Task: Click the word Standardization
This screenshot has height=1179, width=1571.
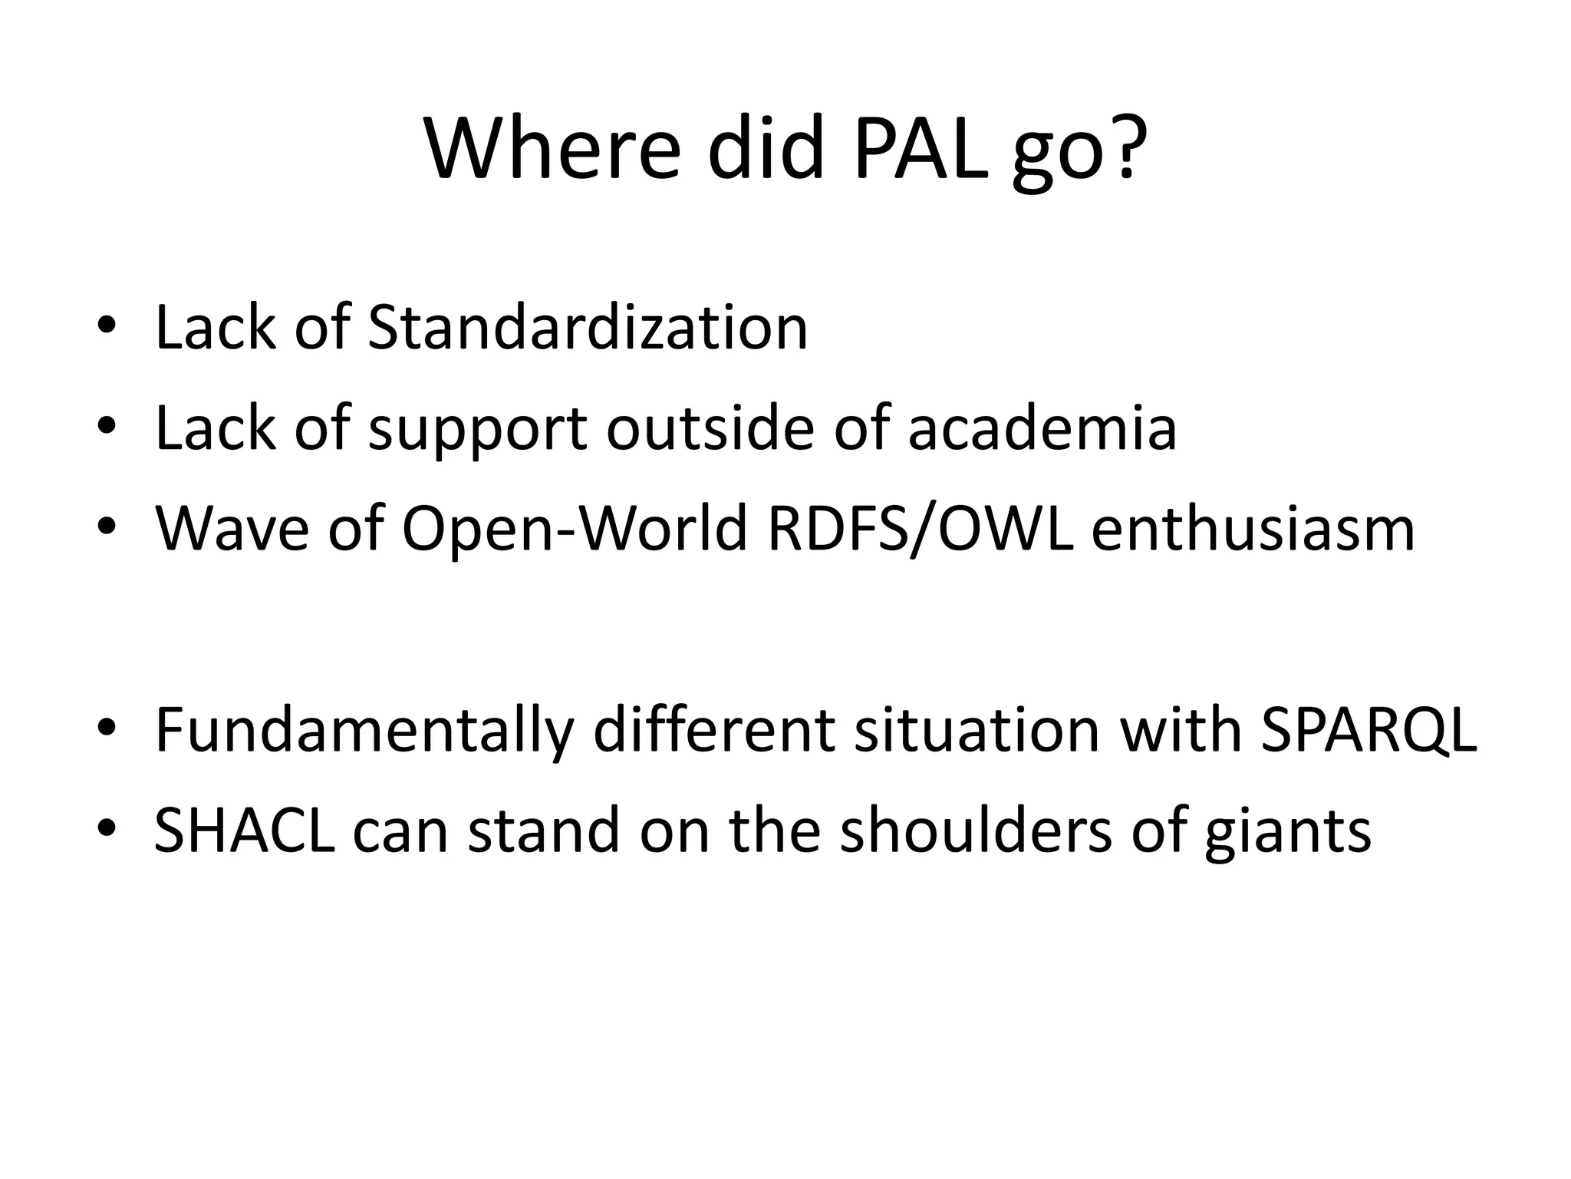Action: [x=588, y=329]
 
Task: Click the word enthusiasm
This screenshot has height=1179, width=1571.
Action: [x=1253, y=530]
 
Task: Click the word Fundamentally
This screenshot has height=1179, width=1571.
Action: [x=364, y=731]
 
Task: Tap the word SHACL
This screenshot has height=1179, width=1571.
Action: [x=244, y=831]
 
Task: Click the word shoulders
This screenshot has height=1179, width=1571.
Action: [x=975, y=831]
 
